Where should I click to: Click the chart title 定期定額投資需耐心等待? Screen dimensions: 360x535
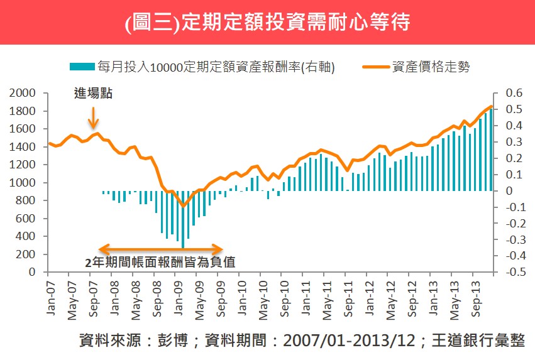point(267,23)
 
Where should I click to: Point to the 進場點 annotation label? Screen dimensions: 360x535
point(94,95)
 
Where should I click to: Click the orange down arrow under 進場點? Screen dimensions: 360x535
point(93,117)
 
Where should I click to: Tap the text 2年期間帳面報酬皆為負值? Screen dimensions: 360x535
point(160,262)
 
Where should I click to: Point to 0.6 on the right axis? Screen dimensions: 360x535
point(514,93)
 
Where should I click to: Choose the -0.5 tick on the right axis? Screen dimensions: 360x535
point(513,273)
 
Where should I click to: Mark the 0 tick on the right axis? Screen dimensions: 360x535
point(509,191)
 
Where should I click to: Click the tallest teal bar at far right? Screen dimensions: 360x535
point(491,151)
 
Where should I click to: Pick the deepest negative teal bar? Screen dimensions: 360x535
point(183,219)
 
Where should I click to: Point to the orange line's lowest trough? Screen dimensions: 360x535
point(183,205)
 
